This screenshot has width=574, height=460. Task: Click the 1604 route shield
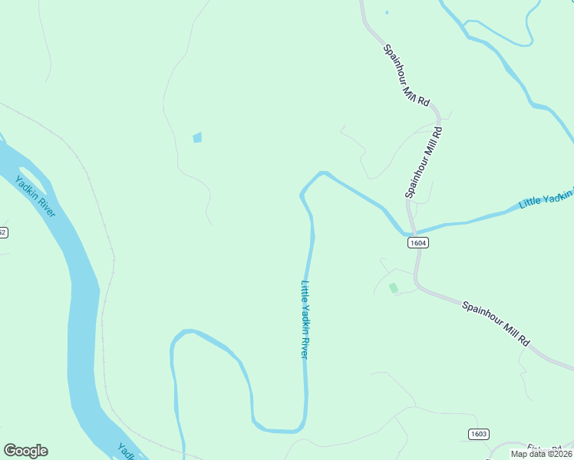click(x=417, y=242)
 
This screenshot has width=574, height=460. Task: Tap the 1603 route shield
click(x=478, y=434)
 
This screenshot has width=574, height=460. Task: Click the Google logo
click(x=25, y=451)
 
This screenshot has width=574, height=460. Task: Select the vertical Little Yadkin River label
click(x=305, y=319)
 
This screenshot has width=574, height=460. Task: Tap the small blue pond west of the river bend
click(x=197, y=137)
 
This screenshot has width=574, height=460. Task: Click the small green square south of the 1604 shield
click(x=394, y=288)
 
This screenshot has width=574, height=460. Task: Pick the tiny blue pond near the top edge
click(x=387, y=12)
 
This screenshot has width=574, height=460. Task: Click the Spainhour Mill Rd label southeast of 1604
click(x=496, y=322)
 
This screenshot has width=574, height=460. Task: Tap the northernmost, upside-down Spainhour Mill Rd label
click(x=407, y=73)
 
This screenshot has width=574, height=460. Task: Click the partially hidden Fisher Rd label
click(x=544, y=449)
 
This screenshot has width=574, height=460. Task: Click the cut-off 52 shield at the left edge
click(x=2, y=232)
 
